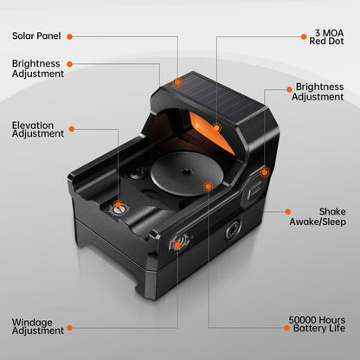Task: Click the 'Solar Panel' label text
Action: click(x=35, y=36)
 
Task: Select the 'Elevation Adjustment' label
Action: click(x=37, y=130)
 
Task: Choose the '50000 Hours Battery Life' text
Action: click(x=318, y=325)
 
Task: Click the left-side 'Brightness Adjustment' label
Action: click(x=37, y=68)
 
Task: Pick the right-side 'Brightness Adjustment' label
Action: click(x=320, y=92)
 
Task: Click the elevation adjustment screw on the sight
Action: click(x=119, y=207)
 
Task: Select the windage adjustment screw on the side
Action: click(x=177, y=244)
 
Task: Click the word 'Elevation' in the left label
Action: click(x=33, y=125)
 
